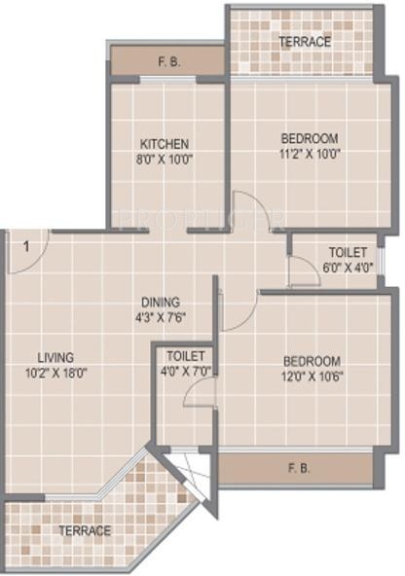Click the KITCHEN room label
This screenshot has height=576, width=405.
(164, 143)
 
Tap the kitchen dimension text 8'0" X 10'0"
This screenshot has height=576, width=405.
(164, 159)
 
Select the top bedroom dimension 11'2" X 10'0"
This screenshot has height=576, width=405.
(304, 154)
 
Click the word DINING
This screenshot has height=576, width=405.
(161, 303)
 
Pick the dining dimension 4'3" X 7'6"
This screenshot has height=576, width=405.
(161, 317)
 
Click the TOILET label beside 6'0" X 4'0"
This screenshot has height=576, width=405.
(348, 251)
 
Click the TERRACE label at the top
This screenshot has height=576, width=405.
(304, 42)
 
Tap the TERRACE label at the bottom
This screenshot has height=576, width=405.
(85, 530)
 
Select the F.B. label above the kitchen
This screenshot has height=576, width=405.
(166, 61)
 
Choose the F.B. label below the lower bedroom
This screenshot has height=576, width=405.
(299, 469)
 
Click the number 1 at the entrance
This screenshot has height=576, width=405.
(26, 245)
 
